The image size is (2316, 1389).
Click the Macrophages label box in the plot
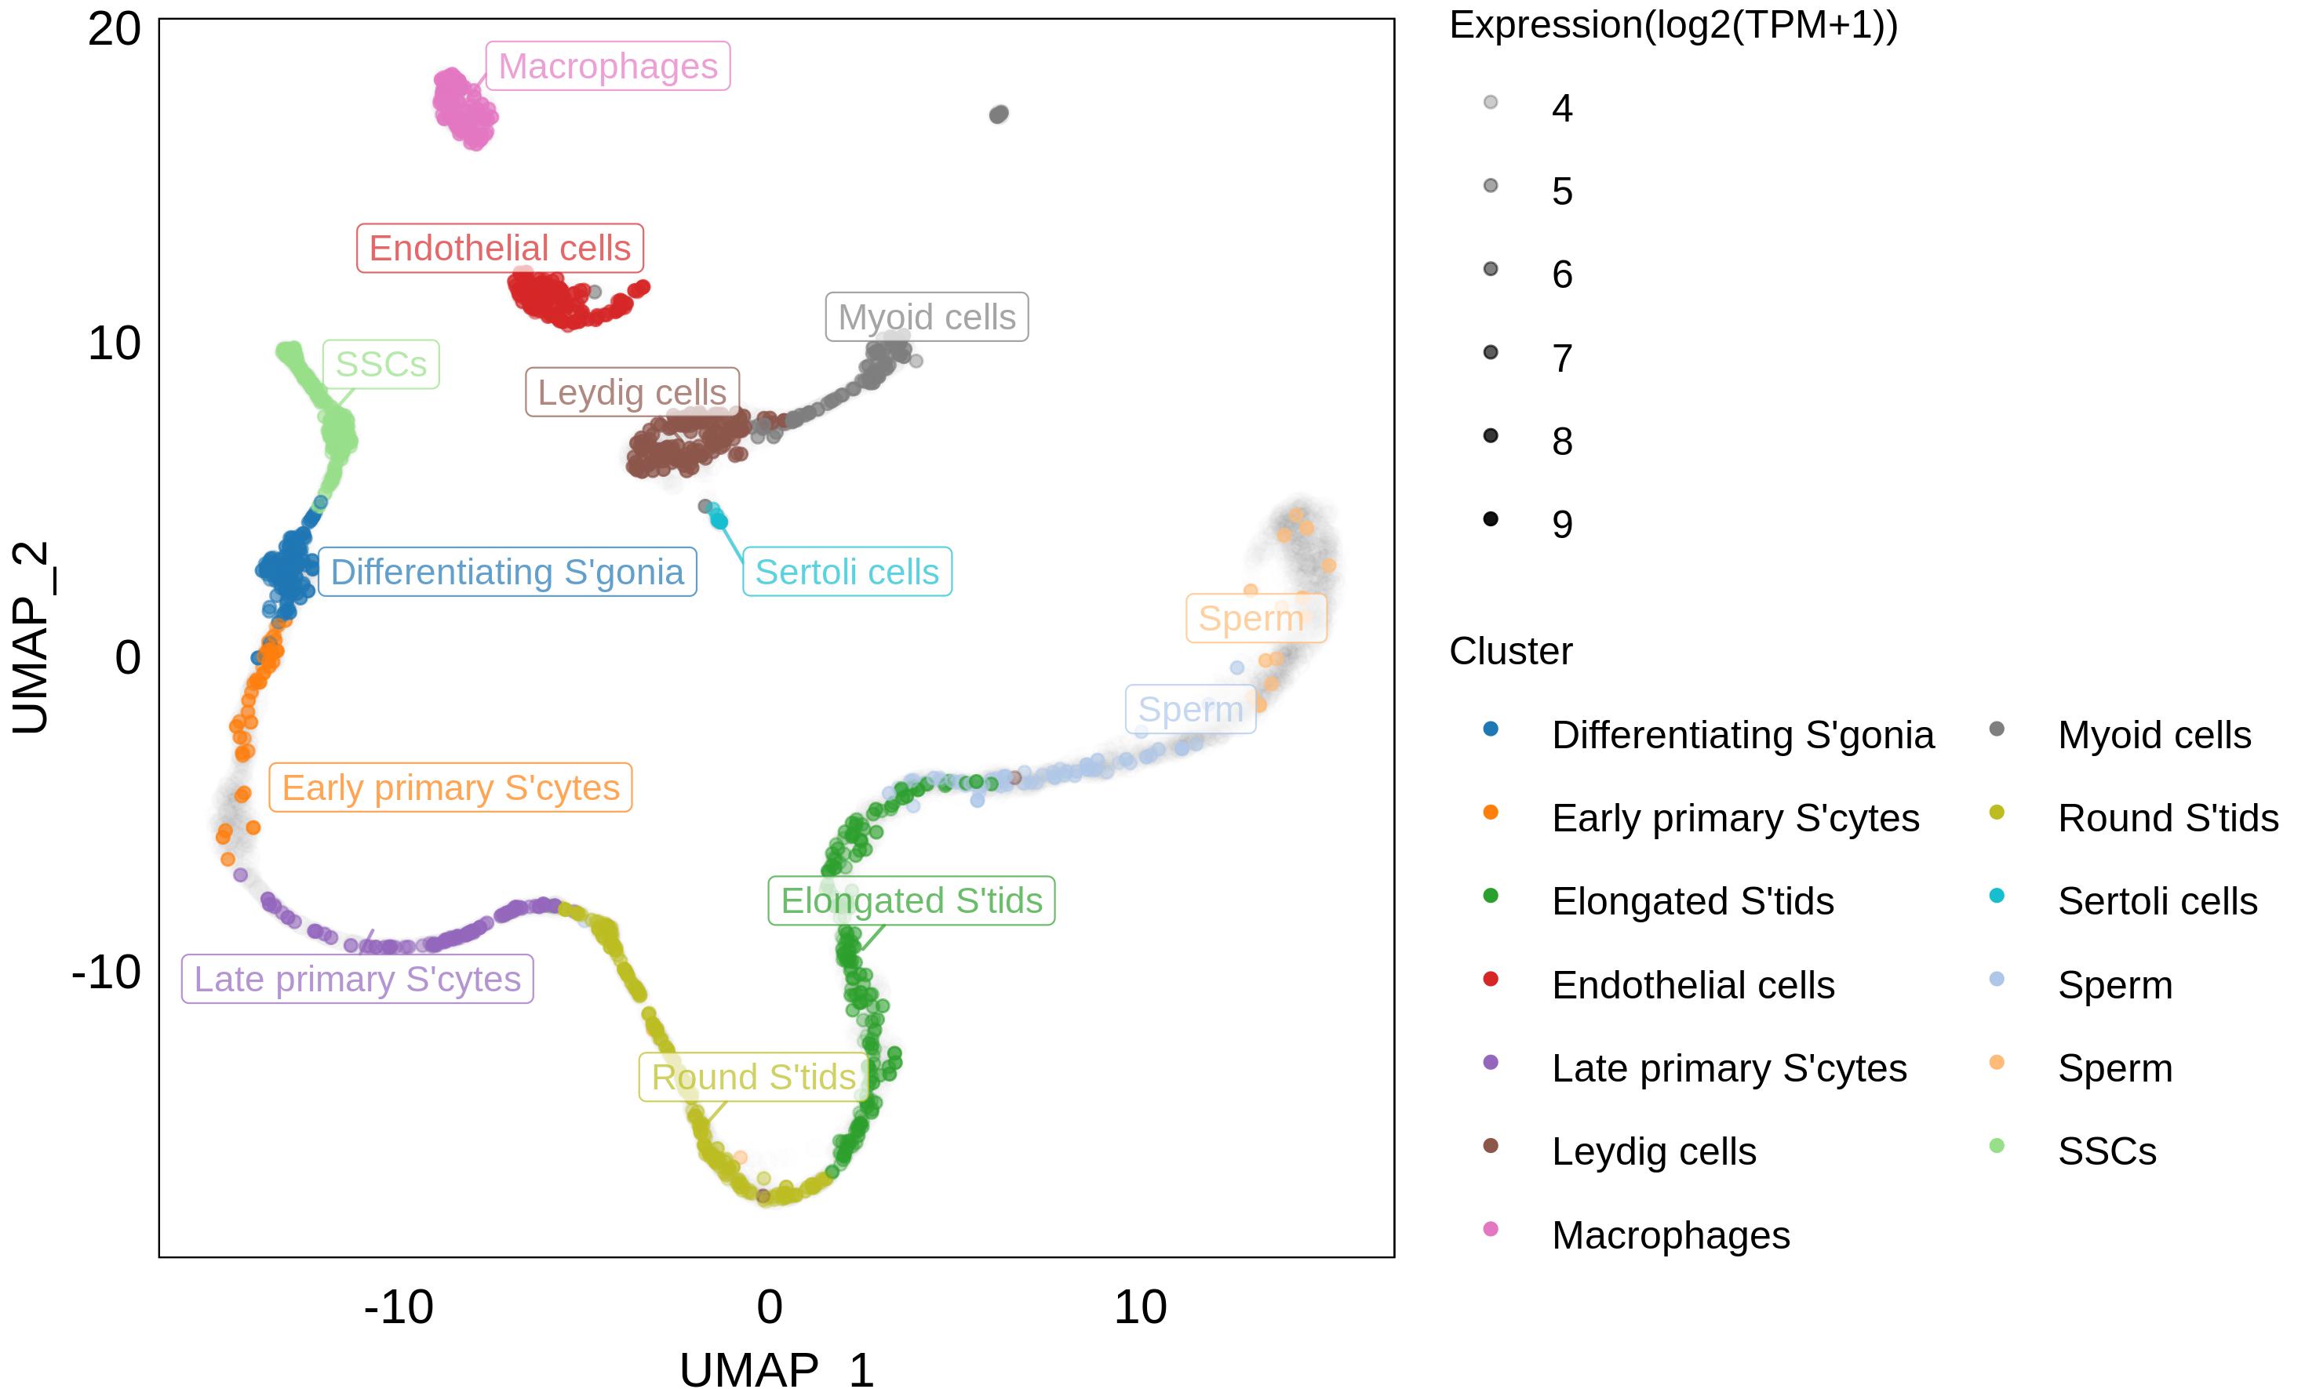[x=607, y=67]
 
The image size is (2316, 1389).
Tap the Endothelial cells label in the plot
[x=500, y=248]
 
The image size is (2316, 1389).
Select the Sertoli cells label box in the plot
[x=847, y=572]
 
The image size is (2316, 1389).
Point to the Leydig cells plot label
[x=632, y=392]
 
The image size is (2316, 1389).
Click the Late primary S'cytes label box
[x=357, y=979]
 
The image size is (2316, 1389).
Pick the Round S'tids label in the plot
[x=754, y=1078]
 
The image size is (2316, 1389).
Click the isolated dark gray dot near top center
[x=999, y=115]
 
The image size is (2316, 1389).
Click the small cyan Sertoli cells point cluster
[x=717, y=518]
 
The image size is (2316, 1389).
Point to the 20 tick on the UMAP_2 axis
[x=115, y=30]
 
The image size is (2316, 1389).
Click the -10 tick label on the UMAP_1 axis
[x=399, y=1307]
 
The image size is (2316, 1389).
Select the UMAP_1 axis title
[x=776, y=1370]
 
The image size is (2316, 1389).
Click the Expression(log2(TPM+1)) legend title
[x=1673, y=25]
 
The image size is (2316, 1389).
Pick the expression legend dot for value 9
[x=1491, y=519]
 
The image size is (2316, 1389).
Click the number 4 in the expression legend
[x=1561, y=108]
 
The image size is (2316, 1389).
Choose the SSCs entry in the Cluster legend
[x=2107, y=1151]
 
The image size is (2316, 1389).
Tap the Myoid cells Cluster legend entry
[x=2153, y=736]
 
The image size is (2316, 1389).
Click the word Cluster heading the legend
[x=1510, y=652]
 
